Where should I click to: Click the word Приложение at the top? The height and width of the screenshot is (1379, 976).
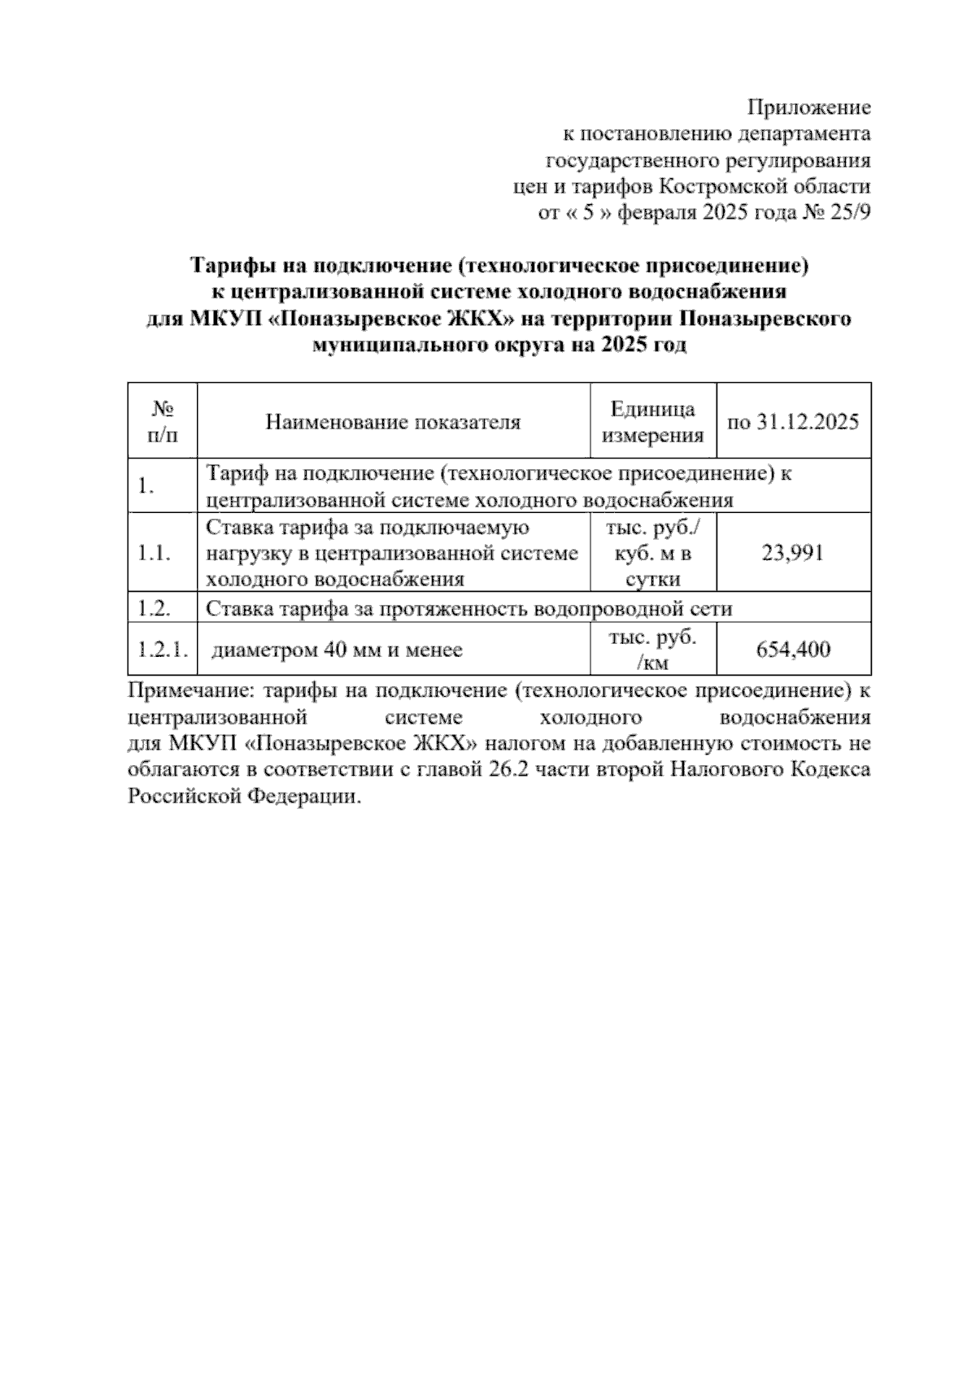(808, 107)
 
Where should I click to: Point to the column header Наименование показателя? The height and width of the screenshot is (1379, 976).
(393, 422)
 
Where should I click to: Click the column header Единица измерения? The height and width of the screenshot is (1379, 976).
(652, 422)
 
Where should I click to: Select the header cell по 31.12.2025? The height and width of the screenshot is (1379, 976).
(793, 422)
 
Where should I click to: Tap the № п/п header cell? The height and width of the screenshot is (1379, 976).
(163, 422)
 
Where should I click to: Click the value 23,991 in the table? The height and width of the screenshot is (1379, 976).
(793, 554)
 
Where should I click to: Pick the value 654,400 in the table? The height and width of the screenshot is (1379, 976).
(793, 650)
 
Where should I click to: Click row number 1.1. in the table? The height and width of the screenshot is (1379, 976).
(154, 554)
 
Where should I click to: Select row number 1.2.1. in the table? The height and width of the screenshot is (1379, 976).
(163, 650)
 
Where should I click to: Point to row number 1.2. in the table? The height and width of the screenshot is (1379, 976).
(154, 608)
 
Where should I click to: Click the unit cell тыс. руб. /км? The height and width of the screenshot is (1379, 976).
(652, 650)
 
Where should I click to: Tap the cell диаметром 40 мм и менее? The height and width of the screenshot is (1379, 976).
(337, 650)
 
